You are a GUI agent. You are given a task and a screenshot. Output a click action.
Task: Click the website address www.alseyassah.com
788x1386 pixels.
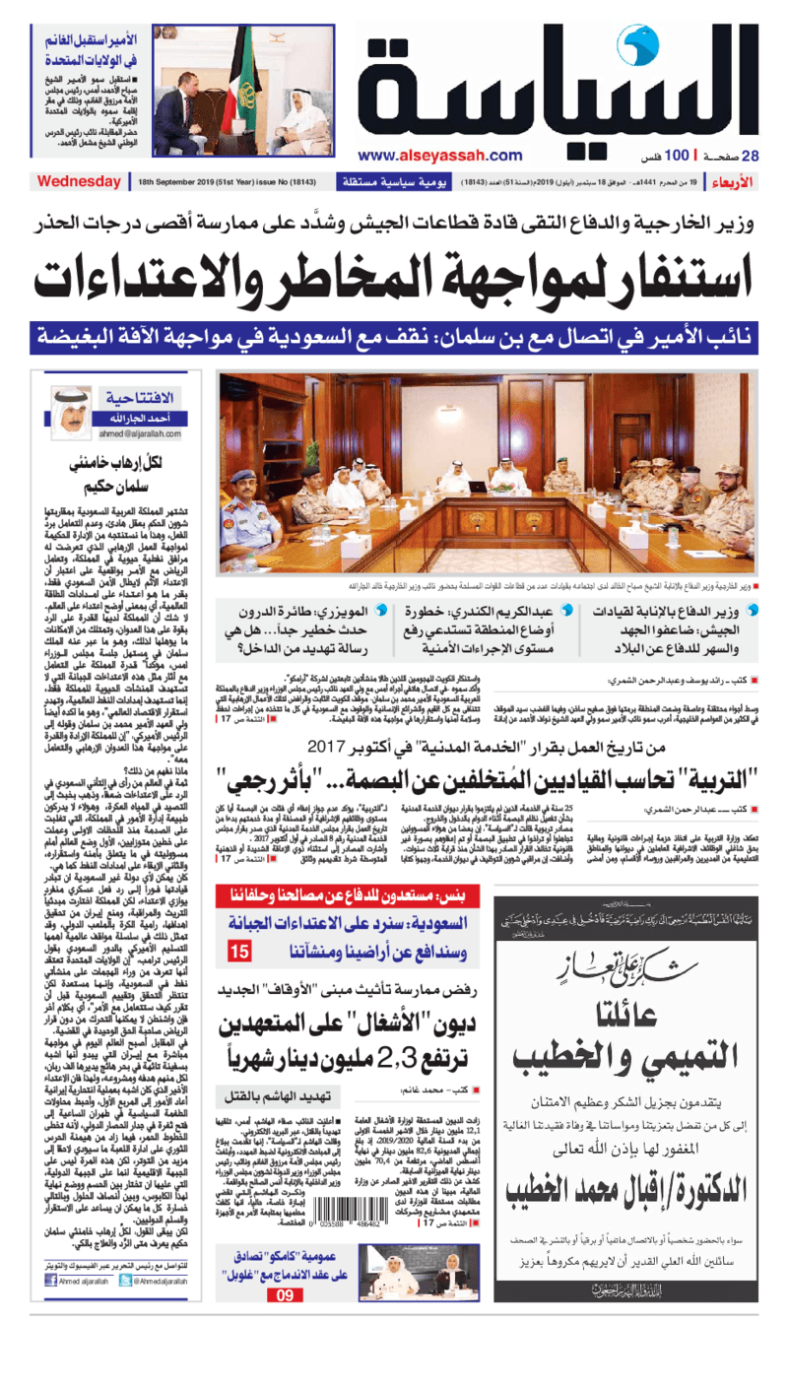(x=440, y=155)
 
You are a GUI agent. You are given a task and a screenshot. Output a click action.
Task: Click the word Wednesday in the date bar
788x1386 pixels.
(x=79, y=182)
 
